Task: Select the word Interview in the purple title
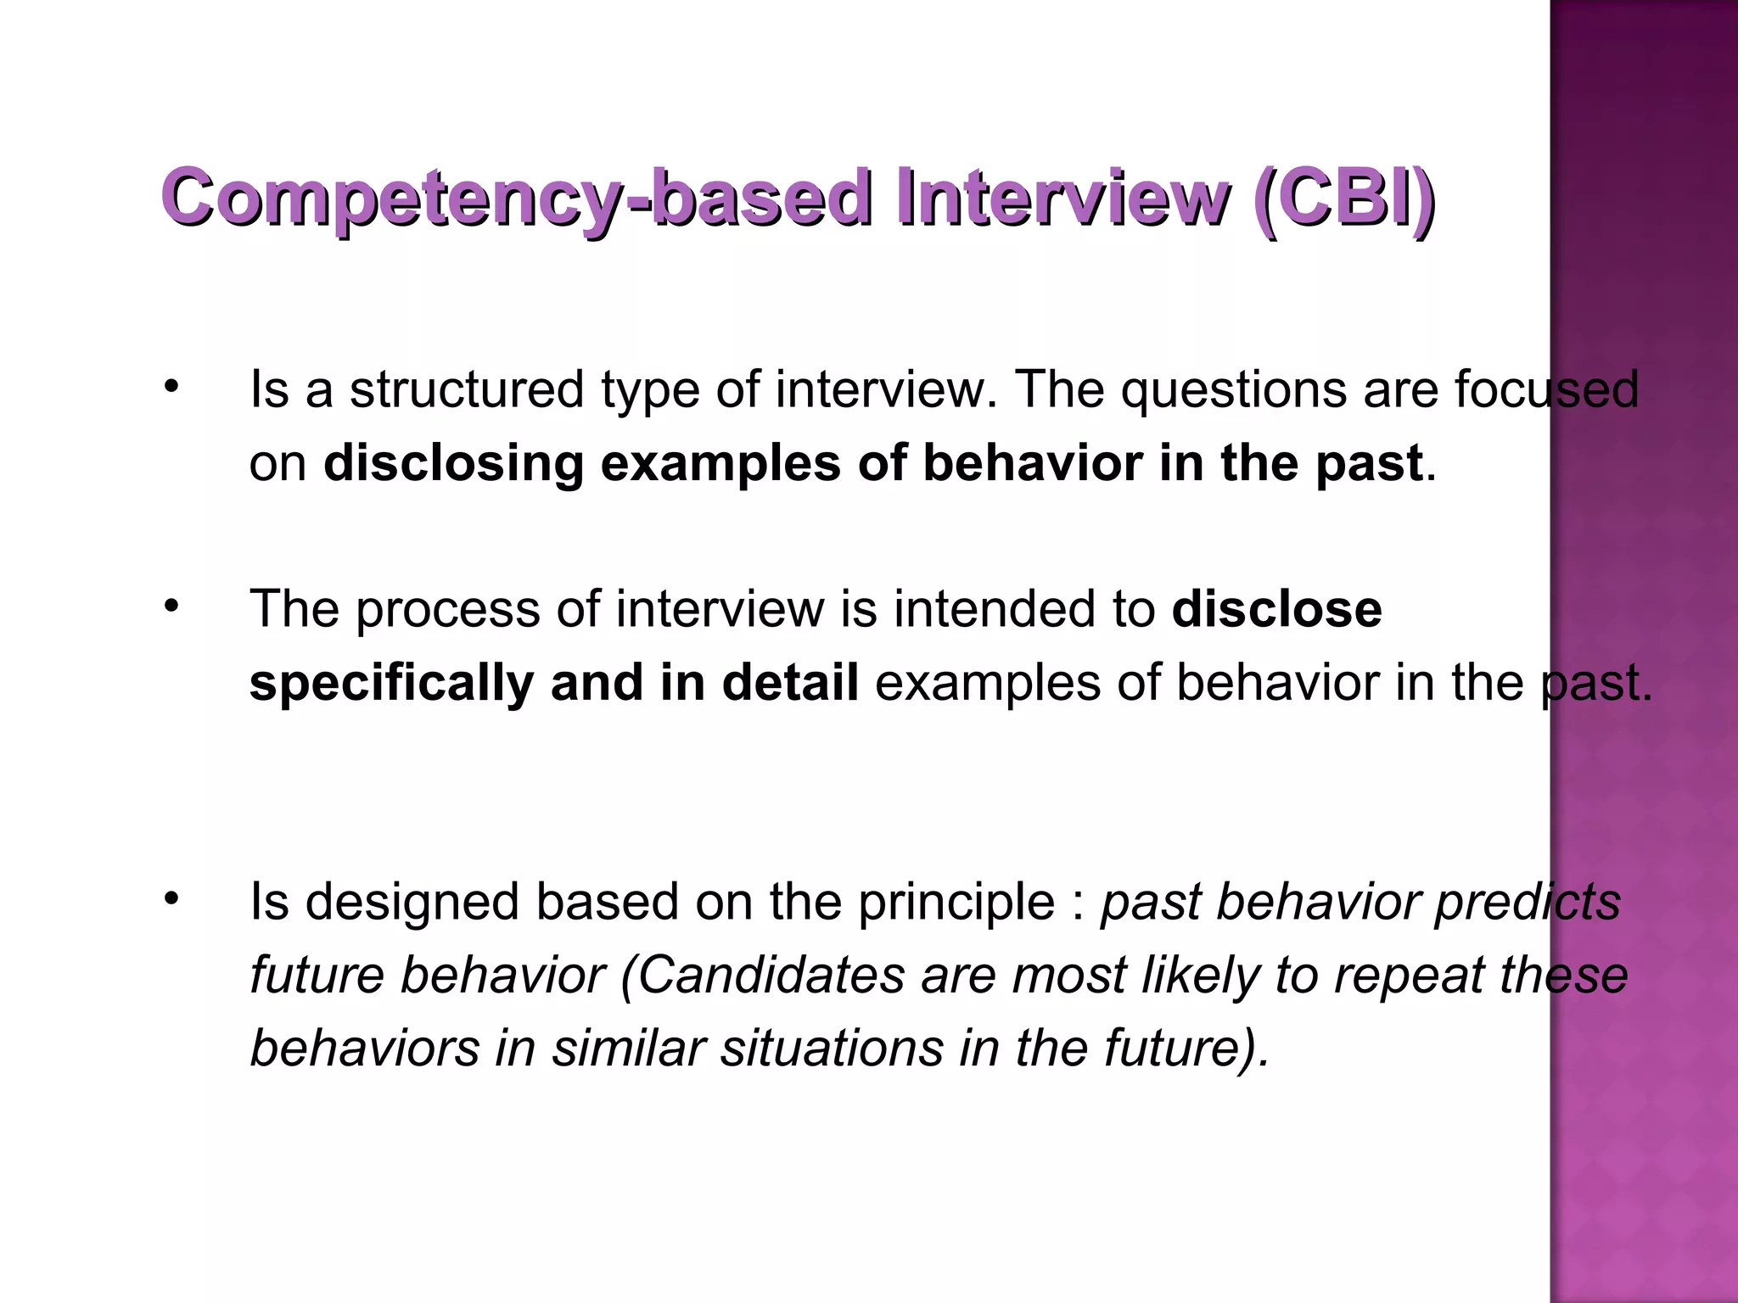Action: coord(1061,198)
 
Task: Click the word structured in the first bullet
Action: coord(467,389)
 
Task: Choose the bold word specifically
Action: coord(391,684)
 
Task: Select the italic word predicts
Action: coord(1528,903)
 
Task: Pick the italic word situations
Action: coord(832,1049)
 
